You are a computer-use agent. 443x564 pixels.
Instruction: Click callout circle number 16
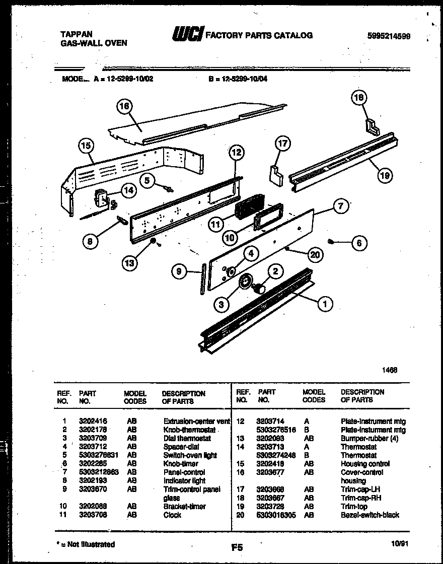(123, 106)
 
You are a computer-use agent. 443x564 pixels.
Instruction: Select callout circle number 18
(359, 98)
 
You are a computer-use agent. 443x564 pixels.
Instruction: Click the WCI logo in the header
(187, 34)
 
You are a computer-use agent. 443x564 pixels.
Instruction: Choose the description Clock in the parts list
(172, 515)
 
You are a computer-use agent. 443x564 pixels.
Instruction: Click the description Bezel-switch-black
(370, 515)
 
